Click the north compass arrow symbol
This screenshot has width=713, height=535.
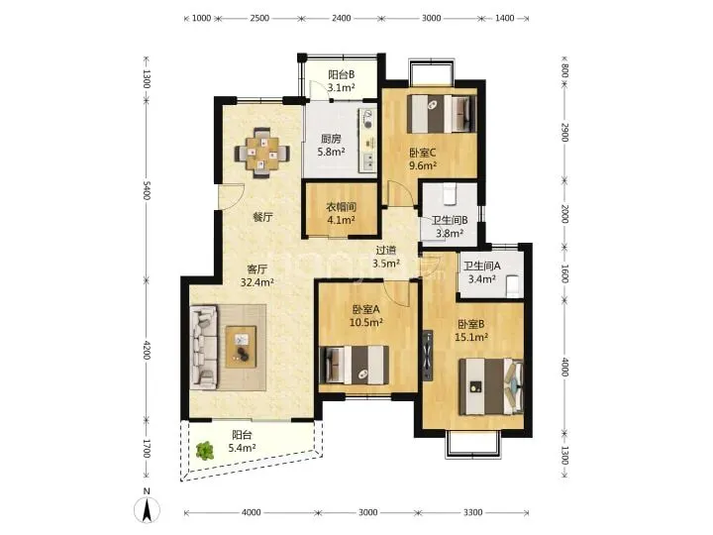147,507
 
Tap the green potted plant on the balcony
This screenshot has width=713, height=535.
205,451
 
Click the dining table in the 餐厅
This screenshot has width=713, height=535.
262,153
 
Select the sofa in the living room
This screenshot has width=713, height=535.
203,347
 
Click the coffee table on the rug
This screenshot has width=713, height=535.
241,347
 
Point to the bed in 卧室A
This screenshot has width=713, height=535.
355,365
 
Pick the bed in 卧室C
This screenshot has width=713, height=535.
442,113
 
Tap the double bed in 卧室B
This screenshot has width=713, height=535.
491,386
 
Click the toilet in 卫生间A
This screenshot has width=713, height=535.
513,286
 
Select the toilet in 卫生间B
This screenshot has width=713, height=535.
450,194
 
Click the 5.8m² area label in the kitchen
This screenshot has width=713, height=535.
331,152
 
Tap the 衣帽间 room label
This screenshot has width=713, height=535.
341,207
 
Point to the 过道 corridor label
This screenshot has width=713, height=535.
386,251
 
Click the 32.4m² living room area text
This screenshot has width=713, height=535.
257,282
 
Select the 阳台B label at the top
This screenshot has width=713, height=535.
342,74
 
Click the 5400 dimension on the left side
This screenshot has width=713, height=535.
147,190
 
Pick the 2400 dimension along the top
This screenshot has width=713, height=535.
341,18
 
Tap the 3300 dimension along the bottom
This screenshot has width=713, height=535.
473,512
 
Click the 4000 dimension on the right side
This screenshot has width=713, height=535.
564,367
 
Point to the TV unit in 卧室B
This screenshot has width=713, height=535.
428,356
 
